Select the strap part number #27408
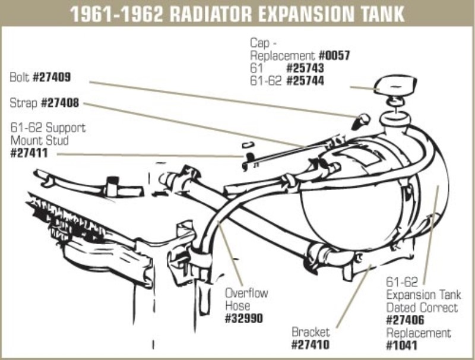[x=60, y=103]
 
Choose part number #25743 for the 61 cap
[x=305, y=69]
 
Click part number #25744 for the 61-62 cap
[x=305, y=81]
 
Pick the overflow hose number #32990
[x=243, y=318]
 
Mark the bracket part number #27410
[x=310, y=345]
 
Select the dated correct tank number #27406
[x=406, y=320]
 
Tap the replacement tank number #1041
[x=401, y=345]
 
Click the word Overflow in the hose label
[x=246, y=293]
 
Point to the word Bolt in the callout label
[x=20, y=77]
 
